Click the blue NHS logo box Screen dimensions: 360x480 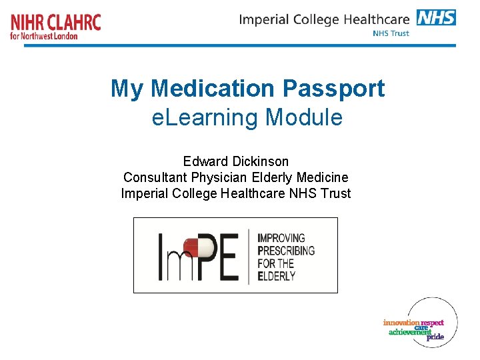coord(436,17)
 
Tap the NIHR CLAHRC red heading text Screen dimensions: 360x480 coord(56,22)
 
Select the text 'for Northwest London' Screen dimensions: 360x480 coord(44,36)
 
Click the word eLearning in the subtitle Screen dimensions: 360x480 coord(205,117)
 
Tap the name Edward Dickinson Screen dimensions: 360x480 coord(236,161)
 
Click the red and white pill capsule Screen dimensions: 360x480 coord(199,248)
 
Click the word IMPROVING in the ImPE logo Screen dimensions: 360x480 coord(281,237)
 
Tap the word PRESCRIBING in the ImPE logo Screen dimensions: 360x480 coord(286,251)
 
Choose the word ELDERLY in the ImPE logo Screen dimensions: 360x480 coord(279,276)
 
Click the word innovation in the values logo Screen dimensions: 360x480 coord(401,323)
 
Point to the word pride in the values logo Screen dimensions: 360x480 coord(435,337)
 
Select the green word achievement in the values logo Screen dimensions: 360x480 coord(410,332)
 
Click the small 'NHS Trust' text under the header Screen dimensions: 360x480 coord(391,33)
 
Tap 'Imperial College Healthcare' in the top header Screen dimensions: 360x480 coord(325,19)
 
